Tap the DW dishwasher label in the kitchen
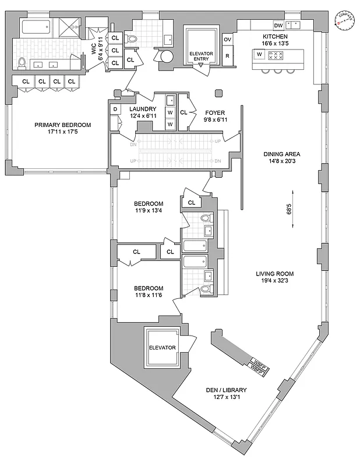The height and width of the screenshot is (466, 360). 278,25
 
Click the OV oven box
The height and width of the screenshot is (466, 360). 228,39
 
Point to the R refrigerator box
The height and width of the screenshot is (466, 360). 228,56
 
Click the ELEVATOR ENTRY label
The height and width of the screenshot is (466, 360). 201,57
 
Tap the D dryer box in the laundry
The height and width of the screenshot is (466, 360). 115,109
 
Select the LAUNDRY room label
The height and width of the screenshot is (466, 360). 143,109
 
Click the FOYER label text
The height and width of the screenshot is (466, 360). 215,112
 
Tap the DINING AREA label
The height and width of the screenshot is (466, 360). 281,154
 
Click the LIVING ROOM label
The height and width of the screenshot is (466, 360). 275,273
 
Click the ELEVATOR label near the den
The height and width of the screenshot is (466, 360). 162,348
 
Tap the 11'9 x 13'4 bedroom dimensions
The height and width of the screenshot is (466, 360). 149,211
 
